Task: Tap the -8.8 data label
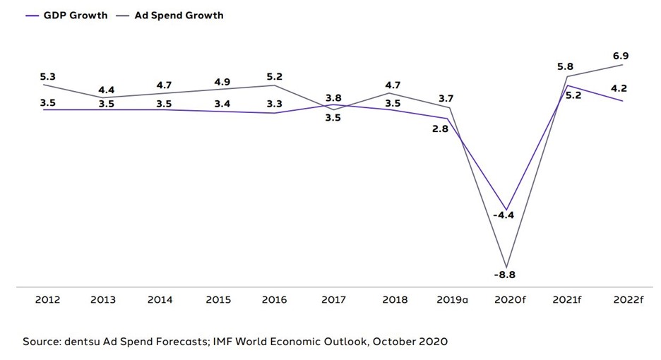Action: (x=505, y=275)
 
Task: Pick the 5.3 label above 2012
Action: (x=47, y=76)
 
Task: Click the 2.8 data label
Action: (x=439, y=129)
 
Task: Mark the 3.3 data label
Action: (x=275, y=104)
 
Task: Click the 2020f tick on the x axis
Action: (x=510, y=299)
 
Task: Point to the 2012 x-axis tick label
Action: (x=47, y=299)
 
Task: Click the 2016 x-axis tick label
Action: (x=274, y=299)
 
